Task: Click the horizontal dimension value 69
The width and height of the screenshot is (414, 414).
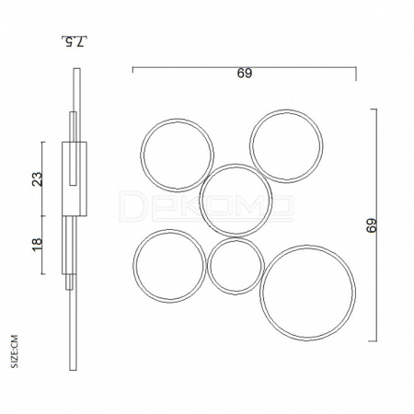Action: (244, 74)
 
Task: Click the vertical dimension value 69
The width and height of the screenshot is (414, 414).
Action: (372, 225)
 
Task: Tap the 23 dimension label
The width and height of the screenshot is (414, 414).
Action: (38, 179)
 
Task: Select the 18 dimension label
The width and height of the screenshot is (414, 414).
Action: (37, 245)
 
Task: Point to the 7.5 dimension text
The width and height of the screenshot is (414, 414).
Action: (75, 41)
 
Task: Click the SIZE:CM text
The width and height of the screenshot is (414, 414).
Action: (14, 351)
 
